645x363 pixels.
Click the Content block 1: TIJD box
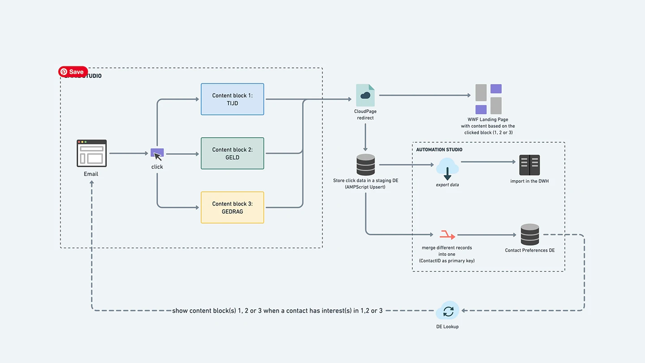(232, 99)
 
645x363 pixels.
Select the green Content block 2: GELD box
(232, 153)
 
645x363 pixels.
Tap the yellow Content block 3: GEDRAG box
(232, 207)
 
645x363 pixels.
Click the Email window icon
(91, 153)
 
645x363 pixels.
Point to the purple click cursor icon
(157, 154)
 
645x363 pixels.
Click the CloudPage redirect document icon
(365, 95)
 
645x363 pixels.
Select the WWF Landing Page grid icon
(488, 99)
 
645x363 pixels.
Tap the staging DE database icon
(365, 165)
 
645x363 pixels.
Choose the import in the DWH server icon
(529, 165)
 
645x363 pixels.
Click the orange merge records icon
(447, 235)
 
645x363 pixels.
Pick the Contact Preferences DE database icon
(530, 234)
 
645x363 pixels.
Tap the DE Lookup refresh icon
(448, 311)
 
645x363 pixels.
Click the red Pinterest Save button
(73, 72)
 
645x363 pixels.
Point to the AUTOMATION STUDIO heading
(439, 150)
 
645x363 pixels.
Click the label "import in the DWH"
(529, 181)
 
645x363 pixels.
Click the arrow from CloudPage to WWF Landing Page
(425, 95)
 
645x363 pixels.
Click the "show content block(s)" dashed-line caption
(277, 311)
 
